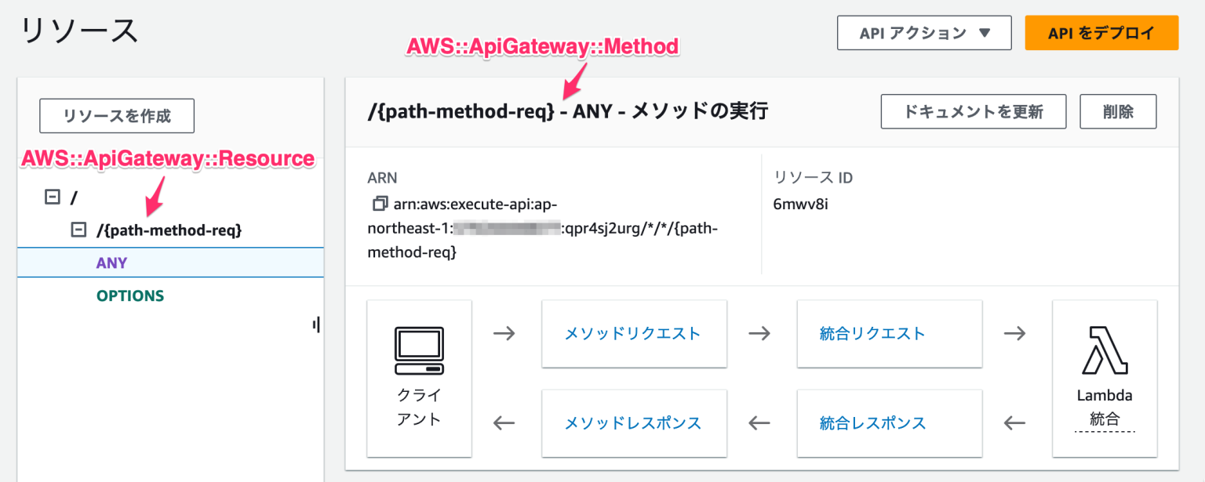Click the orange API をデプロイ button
pyautogui.click(x=1101, y=33)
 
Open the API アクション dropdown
pyautogui.click(x=924, y=33)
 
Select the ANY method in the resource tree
pyautogui.click(x=111, y=263)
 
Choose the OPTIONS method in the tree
pyautogui.click(x=130, y=295)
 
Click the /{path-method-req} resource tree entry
pyautogui.click(x=169, y=230)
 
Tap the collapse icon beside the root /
pyautogui.click(x=53, y=198)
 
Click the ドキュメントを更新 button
pyautogui.click(x=973, y=111)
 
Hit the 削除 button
pyautogui.click(x=1118, y=111)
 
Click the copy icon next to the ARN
pyautogui.click(x=380, y=204)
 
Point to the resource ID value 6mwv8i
pyautogui.click(x=800, y=204)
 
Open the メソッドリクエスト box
pyautogui.click(x=633, y=333)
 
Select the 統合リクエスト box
pyautogui.click(x=889, y=333)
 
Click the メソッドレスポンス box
pyautogui.click(x=633, y=423)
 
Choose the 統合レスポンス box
pyautogui.click(x=889, y=423)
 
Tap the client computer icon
pyautogui.click(x=419, y=350)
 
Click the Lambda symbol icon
pyautogui.click(x=1105, y=350)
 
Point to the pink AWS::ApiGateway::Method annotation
pyautogui.click(x=542, y=47)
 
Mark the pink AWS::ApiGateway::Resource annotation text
pyautogui.click(x=168, y=159)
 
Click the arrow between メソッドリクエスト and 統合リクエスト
pyautogui.click(x=759, y=333)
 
